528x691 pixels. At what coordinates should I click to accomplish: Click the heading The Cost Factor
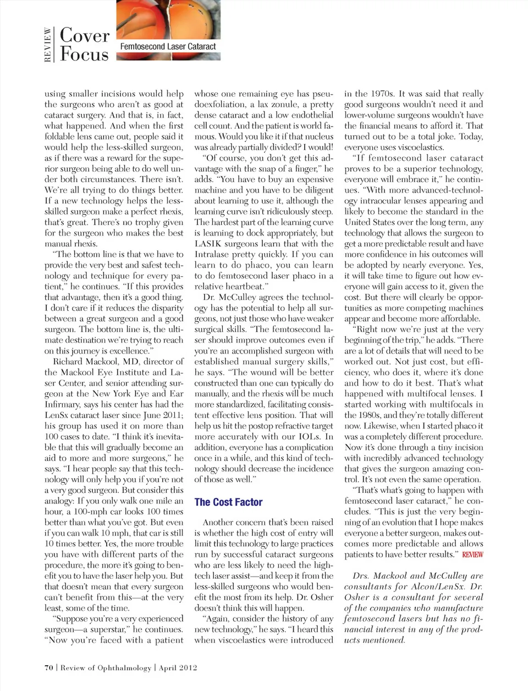[x=228, y=502]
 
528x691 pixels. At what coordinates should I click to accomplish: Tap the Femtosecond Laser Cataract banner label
[x=168, y=47]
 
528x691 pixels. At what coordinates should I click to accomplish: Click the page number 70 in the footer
[x=49, y=667]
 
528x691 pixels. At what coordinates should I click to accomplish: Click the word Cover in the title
[x=85, y=35]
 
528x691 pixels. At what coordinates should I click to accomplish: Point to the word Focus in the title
[x=84, y=54]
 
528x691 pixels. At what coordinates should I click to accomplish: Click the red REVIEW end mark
[x=472, y=555]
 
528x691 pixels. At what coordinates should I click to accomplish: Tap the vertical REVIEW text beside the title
[x=48, y=45]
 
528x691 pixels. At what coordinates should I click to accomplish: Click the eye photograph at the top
[x=168, y=19]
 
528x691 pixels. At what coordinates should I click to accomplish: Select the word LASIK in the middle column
[x=208, y=244]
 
